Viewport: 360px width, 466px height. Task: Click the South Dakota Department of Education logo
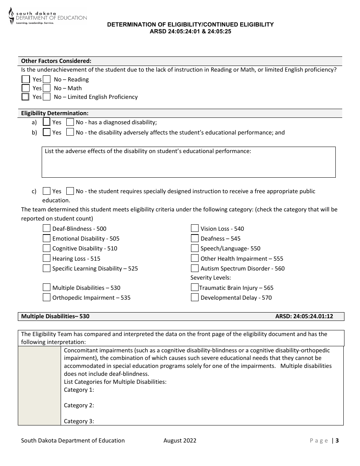[x=48, y=16]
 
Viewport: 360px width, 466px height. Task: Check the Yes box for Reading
[x=26, y=79]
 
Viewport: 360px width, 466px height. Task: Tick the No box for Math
[x=47, y=88]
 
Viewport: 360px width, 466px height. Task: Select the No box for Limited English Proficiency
[x=47, y=97]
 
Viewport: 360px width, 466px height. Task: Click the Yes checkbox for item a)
[x=47, y=122]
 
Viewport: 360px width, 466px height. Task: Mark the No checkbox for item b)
[x=70, y=132]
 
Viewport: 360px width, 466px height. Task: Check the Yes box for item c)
[x=47, y=191]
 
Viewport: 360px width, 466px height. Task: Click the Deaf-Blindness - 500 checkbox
[x=47, y=228]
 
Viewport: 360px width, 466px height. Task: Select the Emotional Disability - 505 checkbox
[x=47, y=238]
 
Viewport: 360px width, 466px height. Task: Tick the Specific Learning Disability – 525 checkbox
[x=47, y=268]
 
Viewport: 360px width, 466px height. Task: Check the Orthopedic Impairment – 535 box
[x=47, y=297]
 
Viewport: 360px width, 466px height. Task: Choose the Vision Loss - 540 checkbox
[x=195, y=228]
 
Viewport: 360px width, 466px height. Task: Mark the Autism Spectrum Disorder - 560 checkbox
[x=195, y=268]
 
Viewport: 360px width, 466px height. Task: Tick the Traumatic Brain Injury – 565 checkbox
[x=195, y=288]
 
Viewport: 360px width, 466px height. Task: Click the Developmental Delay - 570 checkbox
[x=195, y=297]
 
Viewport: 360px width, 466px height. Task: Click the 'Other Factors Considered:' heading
[x=56, y=61]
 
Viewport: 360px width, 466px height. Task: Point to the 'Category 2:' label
[x=79, y=405]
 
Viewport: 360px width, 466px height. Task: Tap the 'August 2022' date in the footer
[x=180, y=440]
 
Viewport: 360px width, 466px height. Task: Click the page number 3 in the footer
[x=337, y=440]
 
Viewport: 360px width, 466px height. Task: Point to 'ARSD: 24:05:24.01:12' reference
[x=304, y=316]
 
